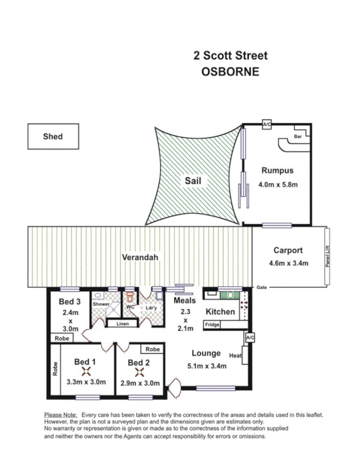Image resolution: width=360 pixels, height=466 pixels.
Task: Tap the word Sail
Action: click(193, 181)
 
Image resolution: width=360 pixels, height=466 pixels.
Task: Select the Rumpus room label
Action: click(277, 171)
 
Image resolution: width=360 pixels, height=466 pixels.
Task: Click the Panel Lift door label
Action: click(327, 256)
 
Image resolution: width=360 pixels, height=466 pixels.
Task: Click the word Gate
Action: click(263, 287)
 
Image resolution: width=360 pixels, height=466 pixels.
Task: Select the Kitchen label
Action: click(220, 312)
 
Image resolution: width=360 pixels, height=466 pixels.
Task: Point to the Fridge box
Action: click(211, 324)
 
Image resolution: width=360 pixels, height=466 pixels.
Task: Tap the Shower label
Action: click(101, 303)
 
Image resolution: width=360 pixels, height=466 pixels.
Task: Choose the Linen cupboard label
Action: click(122, 323)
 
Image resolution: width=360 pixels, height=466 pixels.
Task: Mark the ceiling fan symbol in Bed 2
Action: click(139, 371)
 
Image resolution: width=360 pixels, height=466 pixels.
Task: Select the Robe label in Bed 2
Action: click(153, 349)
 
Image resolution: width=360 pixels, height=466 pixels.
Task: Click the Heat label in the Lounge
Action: click(235, 355)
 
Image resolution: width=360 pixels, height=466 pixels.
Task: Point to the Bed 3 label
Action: click(69, 302)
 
